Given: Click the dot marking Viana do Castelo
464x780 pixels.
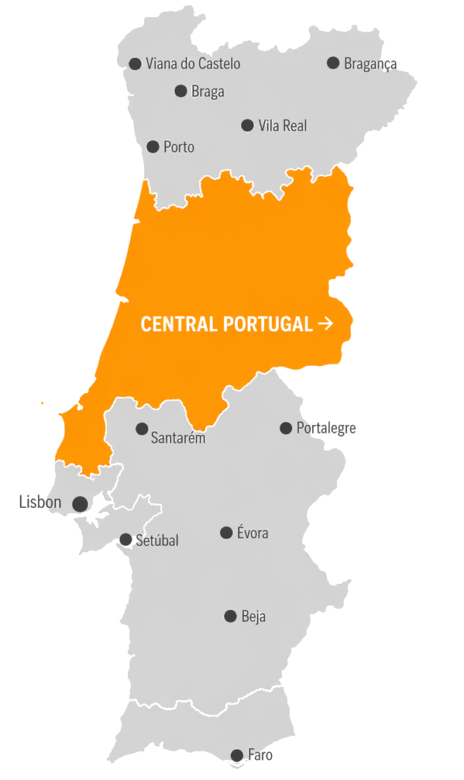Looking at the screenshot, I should click(x=135, y=64).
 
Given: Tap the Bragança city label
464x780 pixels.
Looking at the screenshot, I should click(x=370, y=64).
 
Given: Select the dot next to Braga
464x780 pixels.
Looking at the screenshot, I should click(x=180, y=91).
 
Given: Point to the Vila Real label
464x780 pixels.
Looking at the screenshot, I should click(x=283, y=126).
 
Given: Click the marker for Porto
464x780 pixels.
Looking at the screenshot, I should click(x=153, y=147).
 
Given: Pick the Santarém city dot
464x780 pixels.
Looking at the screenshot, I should click(x=142, y=429).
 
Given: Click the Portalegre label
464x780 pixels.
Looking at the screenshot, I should click(x=326, y=428).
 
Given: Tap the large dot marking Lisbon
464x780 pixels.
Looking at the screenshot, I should click(x=80, y=504).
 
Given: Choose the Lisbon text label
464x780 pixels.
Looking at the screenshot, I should click(x=40, y=502).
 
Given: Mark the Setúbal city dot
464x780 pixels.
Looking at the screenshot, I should click(x=125, y=540).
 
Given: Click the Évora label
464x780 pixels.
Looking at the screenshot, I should click(x=253, y=533).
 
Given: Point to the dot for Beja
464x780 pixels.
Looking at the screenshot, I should click(x=230, y=616).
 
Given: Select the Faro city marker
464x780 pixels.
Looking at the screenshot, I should click(x=237, y=755).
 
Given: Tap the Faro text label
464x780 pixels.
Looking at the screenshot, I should click(x=260, y=755).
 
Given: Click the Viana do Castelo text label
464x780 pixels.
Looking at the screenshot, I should click(x=193, y=64).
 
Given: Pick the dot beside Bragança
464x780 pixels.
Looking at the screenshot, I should click(x=333, y=63).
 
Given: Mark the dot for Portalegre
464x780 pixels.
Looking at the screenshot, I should click(x=286, y=428).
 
